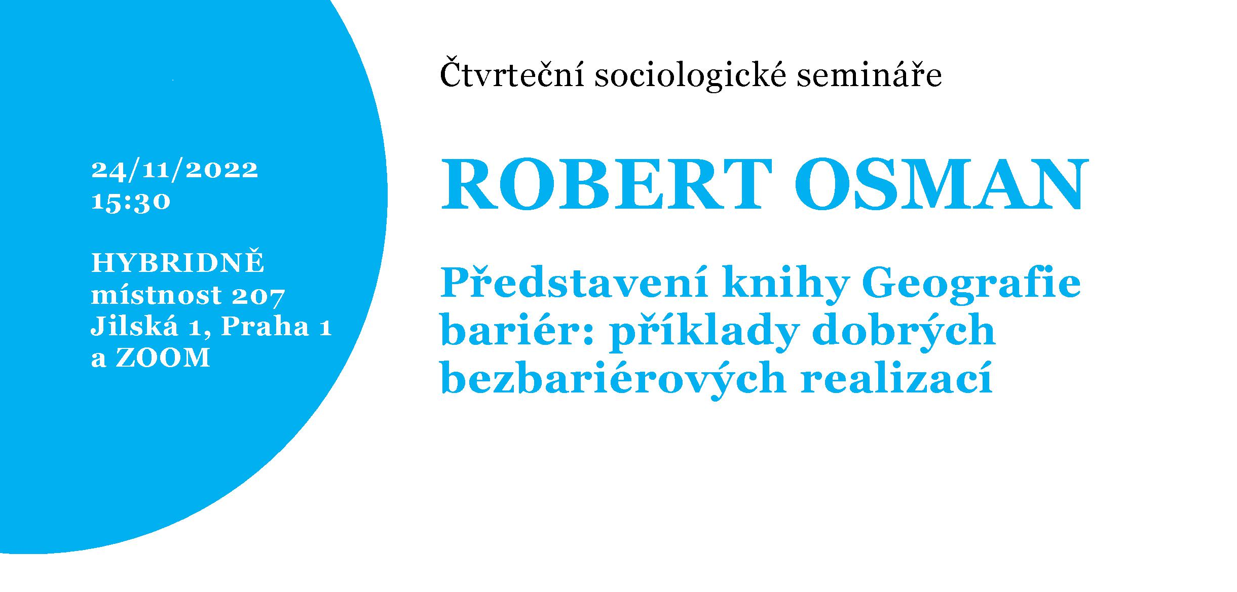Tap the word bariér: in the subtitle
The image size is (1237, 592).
click(x=517, y=330)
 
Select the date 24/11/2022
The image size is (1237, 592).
click(x=175, y=170)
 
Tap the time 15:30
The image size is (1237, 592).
click(x=131, y=202)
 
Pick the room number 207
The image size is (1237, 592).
click(x=258, y=296)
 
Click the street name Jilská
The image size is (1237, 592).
click(x=135, y=326)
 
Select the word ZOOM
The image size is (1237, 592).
click(x=163, y=358)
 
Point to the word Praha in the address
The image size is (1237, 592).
click(x=265, y=326)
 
